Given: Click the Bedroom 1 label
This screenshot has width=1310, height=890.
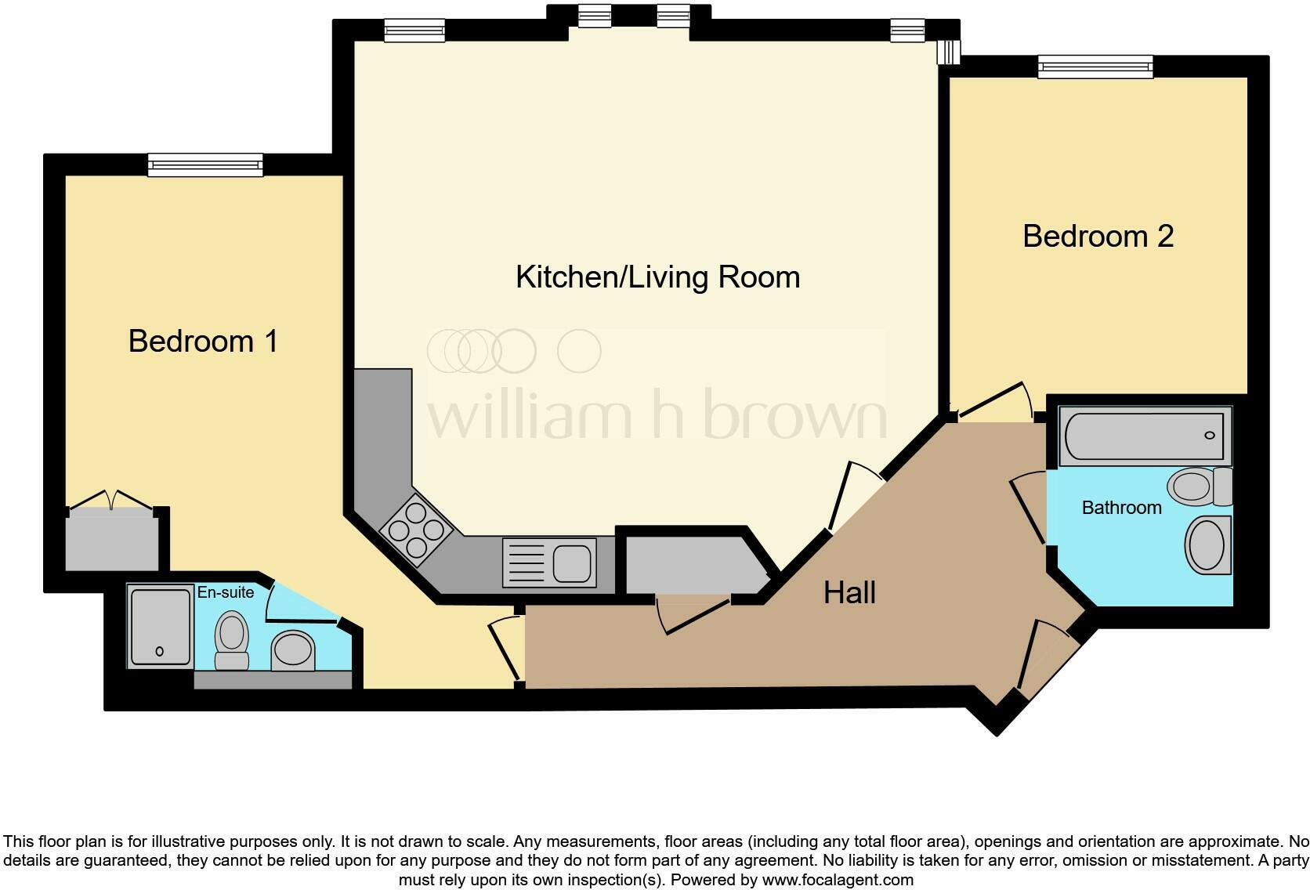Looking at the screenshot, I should point(203,342).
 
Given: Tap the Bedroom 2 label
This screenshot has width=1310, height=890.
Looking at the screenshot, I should point(1098,237).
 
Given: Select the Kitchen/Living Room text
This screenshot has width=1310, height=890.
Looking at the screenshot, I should point(657,277).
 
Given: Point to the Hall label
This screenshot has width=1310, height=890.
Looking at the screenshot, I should point(849,593).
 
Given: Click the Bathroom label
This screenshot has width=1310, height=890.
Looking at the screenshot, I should point(1121,508).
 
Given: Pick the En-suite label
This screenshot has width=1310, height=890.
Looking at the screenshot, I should point(225,592).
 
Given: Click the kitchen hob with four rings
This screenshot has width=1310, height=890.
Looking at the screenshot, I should point(416,530).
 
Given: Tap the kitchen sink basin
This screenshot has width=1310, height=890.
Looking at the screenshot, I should point(572,563).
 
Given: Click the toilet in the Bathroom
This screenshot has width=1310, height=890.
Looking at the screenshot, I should point(1198,487).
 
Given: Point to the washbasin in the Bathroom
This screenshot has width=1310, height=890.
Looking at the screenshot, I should point(1207,545).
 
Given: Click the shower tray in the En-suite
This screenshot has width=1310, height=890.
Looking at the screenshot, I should point(161,627).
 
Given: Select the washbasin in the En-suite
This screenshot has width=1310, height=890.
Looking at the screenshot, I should point(293,650).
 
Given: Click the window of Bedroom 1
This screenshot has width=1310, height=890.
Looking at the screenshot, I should point(205,165).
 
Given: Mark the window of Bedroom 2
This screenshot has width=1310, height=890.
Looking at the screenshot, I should point(1095,67).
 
